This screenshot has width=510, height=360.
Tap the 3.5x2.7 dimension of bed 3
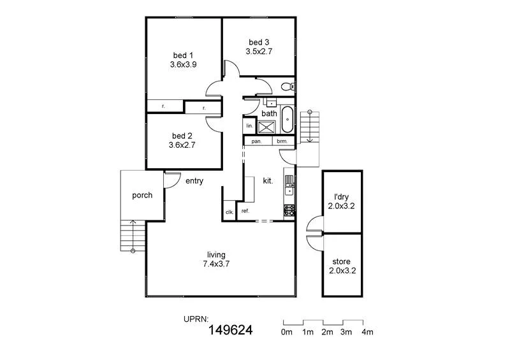[259, 54]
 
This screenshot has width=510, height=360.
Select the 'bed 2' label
[182, 136]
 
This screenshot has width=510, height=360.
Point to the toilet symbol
[288, 86]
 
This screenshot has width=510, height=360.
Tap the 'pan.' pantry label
[258, 141]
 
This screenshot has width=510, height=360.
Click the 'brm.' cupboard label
[282, 141]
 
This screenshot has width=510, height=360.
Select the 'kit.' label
[268, 181]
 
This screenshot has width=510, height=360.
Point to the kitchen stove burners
[289, 209]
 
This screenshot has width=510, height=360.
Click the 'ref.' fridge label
[245, 211]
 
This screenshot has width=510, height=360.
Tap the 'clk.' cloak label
[229, 212]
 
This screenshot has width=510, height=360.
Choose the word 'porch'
[142, 195]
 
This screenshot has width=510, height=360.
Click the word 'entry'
[194, 181]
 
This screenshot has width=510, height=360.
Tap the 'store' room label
[342, 261]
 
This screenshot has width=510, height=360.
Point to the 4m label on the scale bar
[367, 332]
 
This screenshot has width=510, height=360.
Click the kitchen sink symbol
[289, 185]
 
